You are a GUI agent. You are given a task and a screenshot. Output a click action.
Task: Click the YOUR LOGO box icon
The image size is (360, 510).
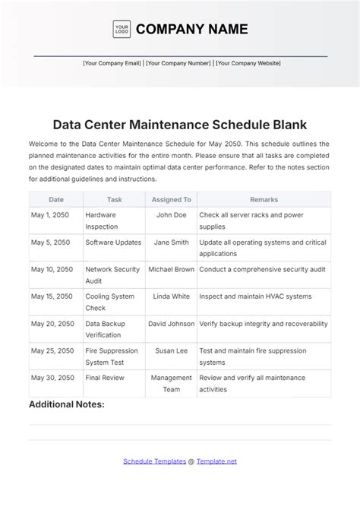click(x=122, y=29)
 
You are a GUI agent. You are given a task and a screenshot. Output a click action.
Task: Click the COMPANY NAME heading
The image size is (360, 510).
click(x=191, y=30)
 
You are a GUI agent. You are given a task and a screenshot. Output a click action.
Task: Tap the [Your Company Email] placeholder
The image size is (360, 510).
click(x=112, y=64)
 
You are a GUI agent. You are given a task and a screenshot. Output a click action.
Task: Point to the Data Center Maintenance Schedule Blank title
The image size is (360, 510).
click(x=179, y=123)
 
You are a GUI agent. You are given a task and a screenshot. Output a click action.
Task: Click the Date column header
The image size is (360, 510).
click(x=56, y=199)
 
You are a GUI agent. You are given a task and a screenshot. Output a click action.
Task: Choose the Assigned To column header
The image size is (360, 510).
click(x=171, y=199)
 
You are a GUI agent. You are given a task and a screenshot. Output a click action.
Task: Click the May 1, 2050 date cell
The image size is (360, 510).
click(x=50, y=215)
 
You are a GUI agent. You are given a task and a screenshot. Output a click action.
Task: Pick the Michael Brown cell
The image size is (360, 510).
click(x=171, y=269)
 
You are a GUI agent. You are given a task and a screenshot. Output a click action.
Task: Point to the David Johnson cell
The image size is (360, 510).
click(x=171, y=324)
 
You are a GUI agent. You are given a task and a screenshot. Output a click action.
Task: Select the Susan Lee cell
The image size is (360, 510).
click(x=171, y=350)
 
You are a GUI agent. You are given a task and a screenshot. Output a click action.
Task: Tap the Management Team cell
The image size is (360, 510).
click(x=171, y=383)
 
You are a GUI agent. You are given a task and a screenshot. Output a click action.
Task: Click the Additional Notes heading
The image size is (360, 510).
click(x=67, y=404)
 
